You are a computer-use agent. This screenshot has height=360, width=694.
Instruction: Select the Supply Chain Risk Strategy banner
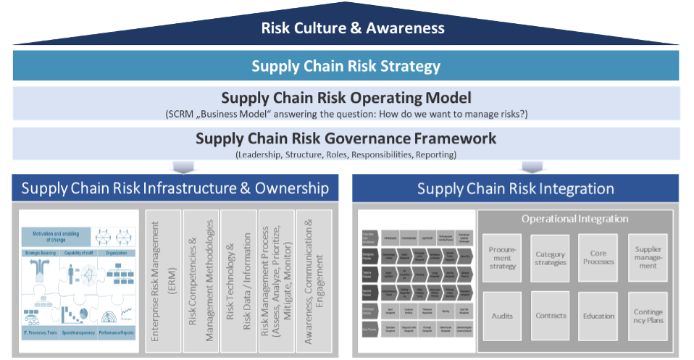(346, 66)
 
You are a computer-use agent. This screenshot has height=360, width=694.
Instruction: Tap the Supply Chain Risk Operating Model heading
(346, 98)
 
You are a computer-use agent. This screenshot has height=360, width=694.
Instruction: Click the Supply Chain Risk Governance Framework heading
(346, 138)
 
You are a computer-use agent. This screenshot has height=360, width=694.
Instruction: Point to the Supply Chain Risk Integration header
(515, 189)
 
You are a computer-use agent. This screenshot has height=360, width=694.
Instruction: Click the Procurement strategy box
(502, 258)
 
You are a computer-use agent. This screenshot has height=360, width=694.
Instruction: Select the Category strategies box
(550, 258)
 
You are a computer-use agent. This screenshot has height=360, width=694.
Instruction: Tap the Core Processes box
(598, 258)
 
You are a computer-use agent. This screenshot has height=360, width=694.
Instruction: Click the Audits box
(502, 316)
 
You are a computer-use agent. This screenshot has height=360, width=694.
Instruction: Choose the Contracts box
(550, 316)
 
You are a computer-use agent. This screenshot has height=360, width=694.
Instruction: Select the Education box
(598, 316)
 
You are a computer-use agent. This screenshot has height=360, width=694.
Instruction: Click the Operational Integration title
(574, 219)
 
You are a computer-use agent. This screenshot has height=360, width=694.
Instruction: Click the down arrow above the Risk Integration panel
(532, 167)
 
